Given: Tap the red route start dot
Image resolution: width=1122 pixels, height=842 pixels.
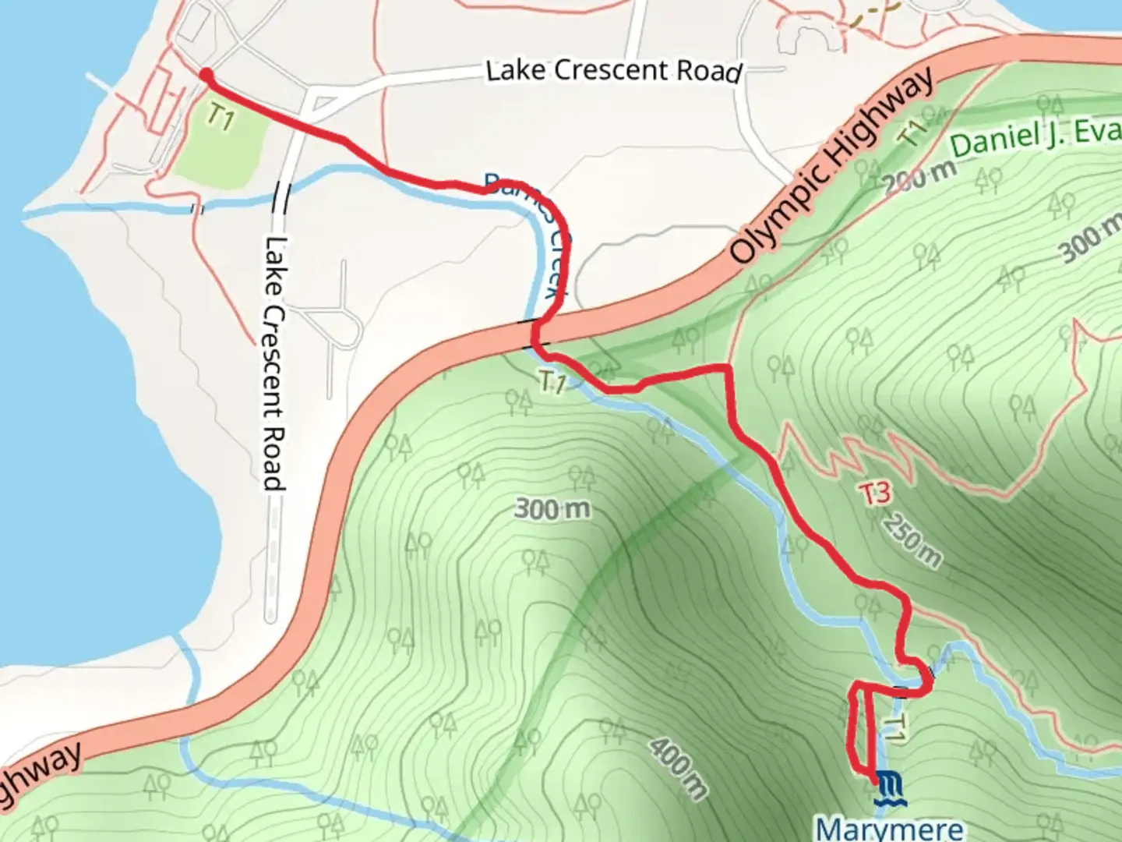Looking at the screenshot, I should [205, 75].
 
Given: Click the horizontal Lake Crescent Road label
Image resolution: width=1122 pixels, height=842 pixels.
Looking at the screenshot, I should [613, 71].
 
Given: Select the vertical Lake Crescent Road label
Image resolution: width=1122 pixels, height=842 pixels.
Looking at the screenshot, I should [272, 363].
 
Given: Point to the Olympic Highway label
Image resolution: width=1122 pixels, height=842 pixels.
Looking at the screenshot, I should [831, 166].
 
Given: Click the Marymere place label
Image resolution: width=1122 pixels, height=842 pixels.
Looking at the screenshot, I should [889, 828].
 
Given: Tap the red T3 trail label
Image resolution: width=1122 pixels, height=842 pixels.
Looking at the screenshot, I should [875, 493].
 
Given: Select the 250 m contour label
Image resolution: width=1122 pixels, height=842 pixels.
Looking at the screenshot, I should [912, 540].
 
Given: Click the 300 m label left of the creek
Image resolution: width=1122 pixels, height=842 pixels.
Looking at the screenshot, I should [552, 509].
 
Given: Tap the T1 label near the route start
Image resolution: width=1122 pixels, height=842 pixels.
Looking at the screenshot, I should [221, 119].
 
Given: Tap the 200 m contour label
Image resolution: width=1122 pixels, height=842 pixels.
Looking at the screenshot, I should [920, 178].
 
